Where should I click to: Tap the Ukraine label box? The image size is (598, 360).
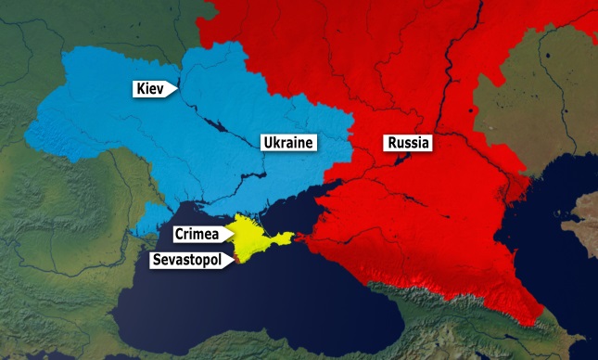[286, 143]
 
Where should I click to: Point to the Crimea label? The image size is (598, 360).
[197, 234]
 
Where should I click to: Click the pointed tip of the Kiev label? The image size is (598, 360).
[179, 89]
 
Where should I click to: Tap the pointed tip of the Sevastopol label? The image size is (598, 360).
[235, 261]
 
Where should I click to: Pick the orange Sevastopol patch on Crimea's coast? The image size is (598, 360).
[238, 261]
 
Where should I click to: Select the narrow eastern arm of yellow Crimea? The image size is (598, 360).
[284, 237]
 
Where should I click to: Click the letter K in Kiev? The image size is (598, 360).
[138, 89]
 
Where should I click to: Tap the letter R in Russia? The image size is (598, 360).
[389, 144]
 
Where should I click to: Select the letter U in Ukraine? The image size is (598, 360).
[267, 143]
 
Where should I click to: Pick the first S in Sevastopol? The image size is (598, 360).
[158, 261]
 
